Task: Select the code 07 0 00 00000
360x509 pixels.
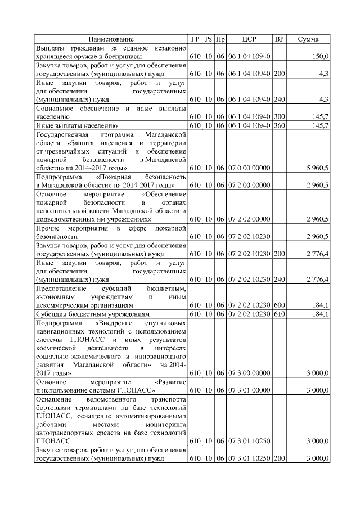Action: (x=250, y=168)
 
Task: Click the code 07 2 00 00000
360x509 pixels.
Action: (x=250, y=185)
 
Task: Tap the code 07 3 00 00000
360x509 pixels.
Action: (x=250, y=372)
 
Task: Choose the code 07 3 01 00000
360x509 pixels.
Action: (x=250, y=390)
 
